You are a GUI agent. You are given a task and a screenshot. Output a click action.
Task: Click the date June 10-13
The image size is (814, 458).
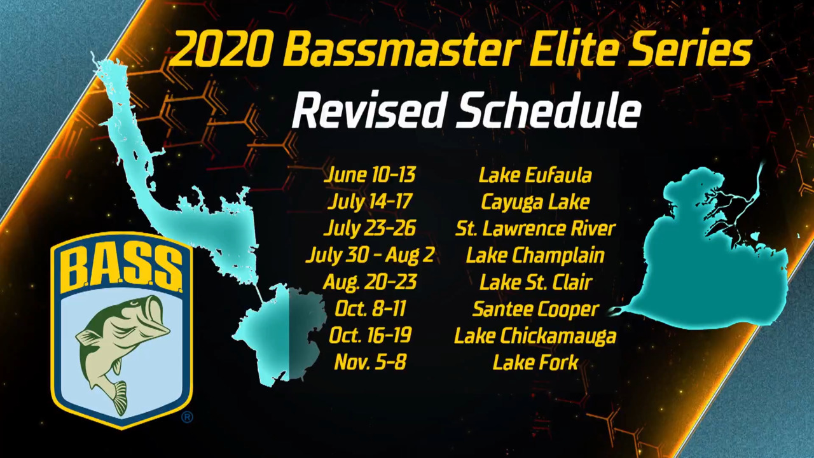tap(369, 174)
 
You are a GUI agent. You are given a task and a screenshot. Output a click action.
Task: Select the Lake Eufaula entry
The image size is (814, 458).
tap(535, 175)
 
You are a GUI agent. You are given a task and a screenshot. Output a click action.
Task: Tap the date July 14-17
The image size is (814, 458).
tap(370, 202)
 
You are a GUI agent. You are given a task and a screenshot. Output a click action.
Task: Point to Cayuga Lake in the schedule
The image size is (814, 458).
tap(535, 202)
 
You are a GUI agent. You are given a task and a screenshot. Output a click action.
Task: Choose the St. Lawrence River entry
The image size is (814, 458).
tap(535, 228)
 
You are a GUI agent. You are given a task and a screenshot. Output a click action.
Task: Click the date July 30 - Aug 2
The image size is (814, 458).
tap(370, 256)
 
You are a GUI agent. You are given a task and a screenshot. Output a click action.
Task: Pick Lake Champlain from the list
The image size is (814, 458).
tap(535, 256)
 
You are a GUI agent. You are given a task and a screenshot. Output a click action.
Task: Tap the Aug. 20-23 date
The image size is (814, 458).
tap(369, 282)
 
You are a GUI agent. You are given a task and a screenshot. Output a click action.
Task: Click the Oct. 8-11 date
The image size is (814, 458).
tap(370, 309)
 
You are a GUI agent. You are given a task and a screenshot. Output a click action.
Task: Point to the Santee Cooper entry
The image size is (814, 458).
tap(535, 309)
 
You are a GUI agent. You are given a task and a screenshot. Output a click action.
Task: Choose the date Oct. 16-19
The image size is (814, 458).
tap(370, 335)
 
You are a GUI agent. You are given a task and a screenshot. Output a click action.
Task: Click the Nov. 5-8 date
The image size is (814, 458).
tap(370, 363)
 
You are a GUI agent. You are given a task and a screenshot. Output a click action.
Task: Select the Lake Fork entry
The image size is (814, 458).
tap(535, 363)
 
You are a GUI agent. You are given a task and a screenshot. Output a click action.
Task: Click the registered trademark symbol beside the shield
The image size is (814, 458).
tap(187, 417)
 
